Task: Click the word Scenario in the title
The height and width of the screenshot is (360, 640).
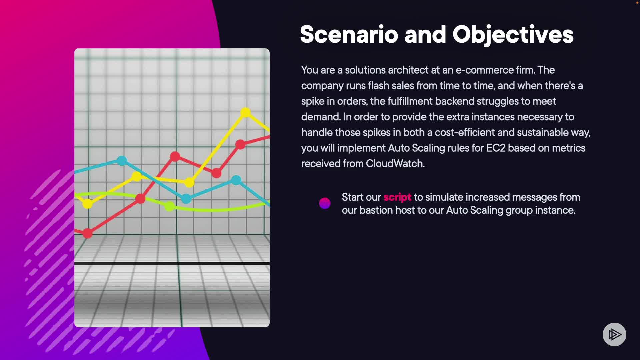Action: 349,34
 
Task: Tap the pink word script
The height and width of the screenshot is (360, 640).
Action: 397,197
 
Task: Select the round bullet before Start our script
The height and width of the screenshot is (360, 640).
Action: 325,203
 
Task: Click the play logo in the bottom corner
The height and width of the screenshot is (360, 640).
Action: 614,334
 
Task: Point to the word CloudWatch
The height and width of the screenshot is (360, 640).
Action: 395,164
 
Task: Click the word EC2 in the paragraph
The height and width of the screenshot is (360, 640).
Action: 496,148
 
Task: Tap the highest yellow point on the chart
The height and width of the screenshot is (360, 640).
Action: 245,112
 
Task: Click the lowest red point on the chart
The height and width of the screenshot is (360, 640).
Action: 87,233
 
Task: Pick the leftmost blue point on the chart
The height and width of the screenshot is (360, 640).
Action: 122,161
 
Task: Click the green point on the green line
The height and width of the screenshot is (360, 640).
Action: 169,206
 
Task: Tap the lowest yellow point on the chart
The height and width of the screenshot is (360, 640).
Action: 87,203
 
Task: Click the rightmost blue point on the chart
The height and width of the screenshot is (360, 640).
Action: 236,180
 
